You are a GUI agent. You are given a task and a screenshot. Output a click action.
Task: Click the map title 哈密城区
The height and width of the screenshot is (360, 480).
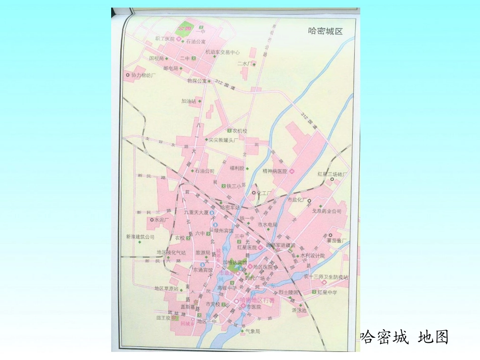pyautogui.click(x=325, y=31)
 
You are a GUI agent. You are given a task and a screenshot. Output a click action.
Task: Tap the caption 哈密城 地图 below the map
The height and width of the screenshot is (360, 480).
pyautogui.click(x=404, y=337)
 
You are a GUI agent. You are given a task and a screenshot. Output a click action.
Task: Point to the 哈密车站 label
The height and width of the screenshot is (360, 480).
pyautogui.click(x=230, y=207)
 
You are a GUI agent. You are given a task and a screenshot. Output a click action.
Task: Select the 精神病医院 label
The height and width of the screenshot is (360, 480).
pyautogui.click(x=275, y=172)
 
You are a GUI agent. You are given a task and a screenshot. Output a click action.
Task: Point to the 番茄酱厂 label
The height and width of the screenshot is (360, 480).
pyautogui.click(x=338, y=241)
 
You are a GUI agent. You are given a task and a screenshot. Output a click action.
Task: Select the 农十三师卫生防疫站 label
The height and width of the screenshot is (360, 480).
pyautogui.click(x=326, y=277)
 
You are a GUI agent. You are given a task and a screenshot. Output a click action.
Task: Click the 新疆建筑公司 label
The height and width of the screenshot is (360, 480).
pyautogui.click(x=140, y=236)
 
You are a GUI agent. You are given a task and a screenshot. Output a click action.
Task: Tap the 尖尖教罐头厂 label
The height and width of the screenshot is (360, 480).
pyautogui.click(x=223, y=139)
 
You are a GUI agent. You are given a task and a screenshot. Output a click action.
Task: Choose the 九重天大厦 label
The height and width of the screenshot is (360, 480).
pyautogui.click(x=196, y=213)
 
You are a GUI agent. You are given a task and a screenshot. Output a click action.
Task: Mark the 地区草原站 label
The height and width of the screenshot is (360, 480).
pyautogui.click(x=166, y=288)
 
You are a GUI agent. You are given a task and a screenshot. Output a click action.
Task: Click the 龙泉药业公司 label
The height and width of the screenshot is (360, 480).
pyautogui.click(x=326, y=211)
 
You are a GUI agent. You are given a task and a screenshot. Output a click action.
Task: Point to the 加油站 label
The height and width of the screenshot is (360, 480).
pyautogui.click(x=188, y=101)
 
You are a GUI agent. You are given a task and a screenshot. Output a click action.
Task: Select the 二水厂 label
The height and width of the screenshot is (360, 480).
pyautogui.click(x=244, y=64)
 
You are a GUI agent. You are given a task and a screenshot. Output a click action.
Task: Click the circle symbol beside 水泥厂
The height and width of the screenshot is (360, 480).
pyautogui.click(x=151, y=220)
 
